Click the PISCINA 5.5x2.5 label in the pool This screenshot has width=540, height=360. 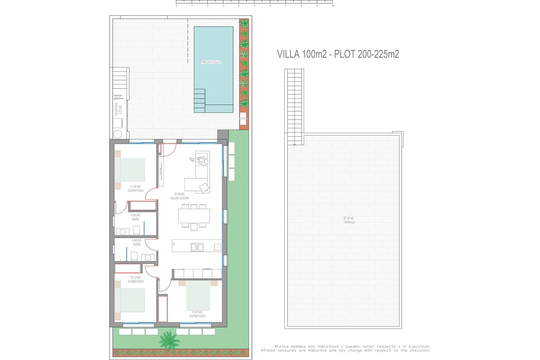[211, 62]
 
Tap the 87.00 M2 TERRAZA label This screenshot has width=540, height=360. [349, 220]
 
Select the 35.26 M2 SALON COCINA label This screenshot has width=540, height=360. [179, 196]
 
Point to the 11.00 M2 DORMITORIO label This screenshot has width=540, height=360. [136, 189]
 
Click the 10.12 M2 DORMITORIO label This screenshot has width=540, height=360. [136, 280]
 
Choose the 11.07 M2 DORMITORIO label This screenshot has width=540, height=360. [197, 314]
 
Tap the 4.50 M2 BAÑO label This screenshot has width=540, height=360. [136, 217]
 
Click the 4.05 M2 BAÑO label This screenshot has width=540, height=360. [137, 242]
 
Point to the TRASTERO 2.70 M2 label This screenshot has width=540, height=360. [118, 109]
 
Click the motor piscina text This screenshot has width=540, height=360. [118, 97]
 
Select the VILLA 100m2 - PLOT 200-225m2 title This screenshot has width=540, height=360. [338, 54]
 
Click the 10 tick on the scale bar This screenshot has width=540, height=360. [333, 6]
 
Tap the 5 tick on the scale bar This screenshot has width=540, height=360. [255, 6]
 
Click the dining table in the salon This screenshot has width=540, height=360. [194, 216]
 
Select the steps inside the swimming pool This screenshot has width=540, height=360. [199, 100]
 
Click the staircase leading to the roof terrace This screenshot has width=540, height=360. [294, 107]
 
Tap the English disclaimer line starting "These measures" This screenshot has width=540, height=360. [346, 350]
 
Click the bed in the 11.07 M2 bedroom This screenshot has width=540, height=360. [198, 295]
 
